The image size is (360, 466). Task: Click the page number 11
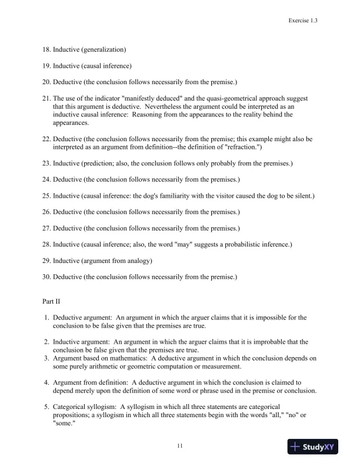point(180,446)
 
